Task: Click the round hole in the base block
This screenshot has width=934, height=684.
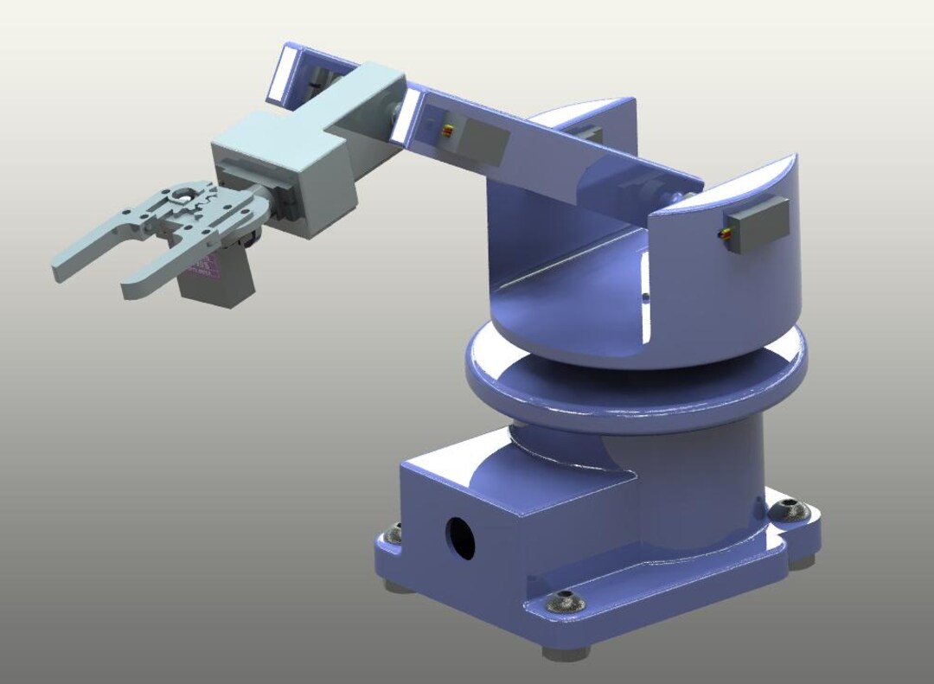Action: pos(460,537)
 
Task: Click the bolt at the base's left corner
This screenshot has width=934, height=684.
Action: pos(395,533)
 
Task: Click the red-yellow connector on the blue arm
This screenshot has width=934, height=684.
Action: pos(447,131)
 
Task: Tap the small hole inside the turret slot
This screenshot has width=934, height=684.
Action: pos(645,297)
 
